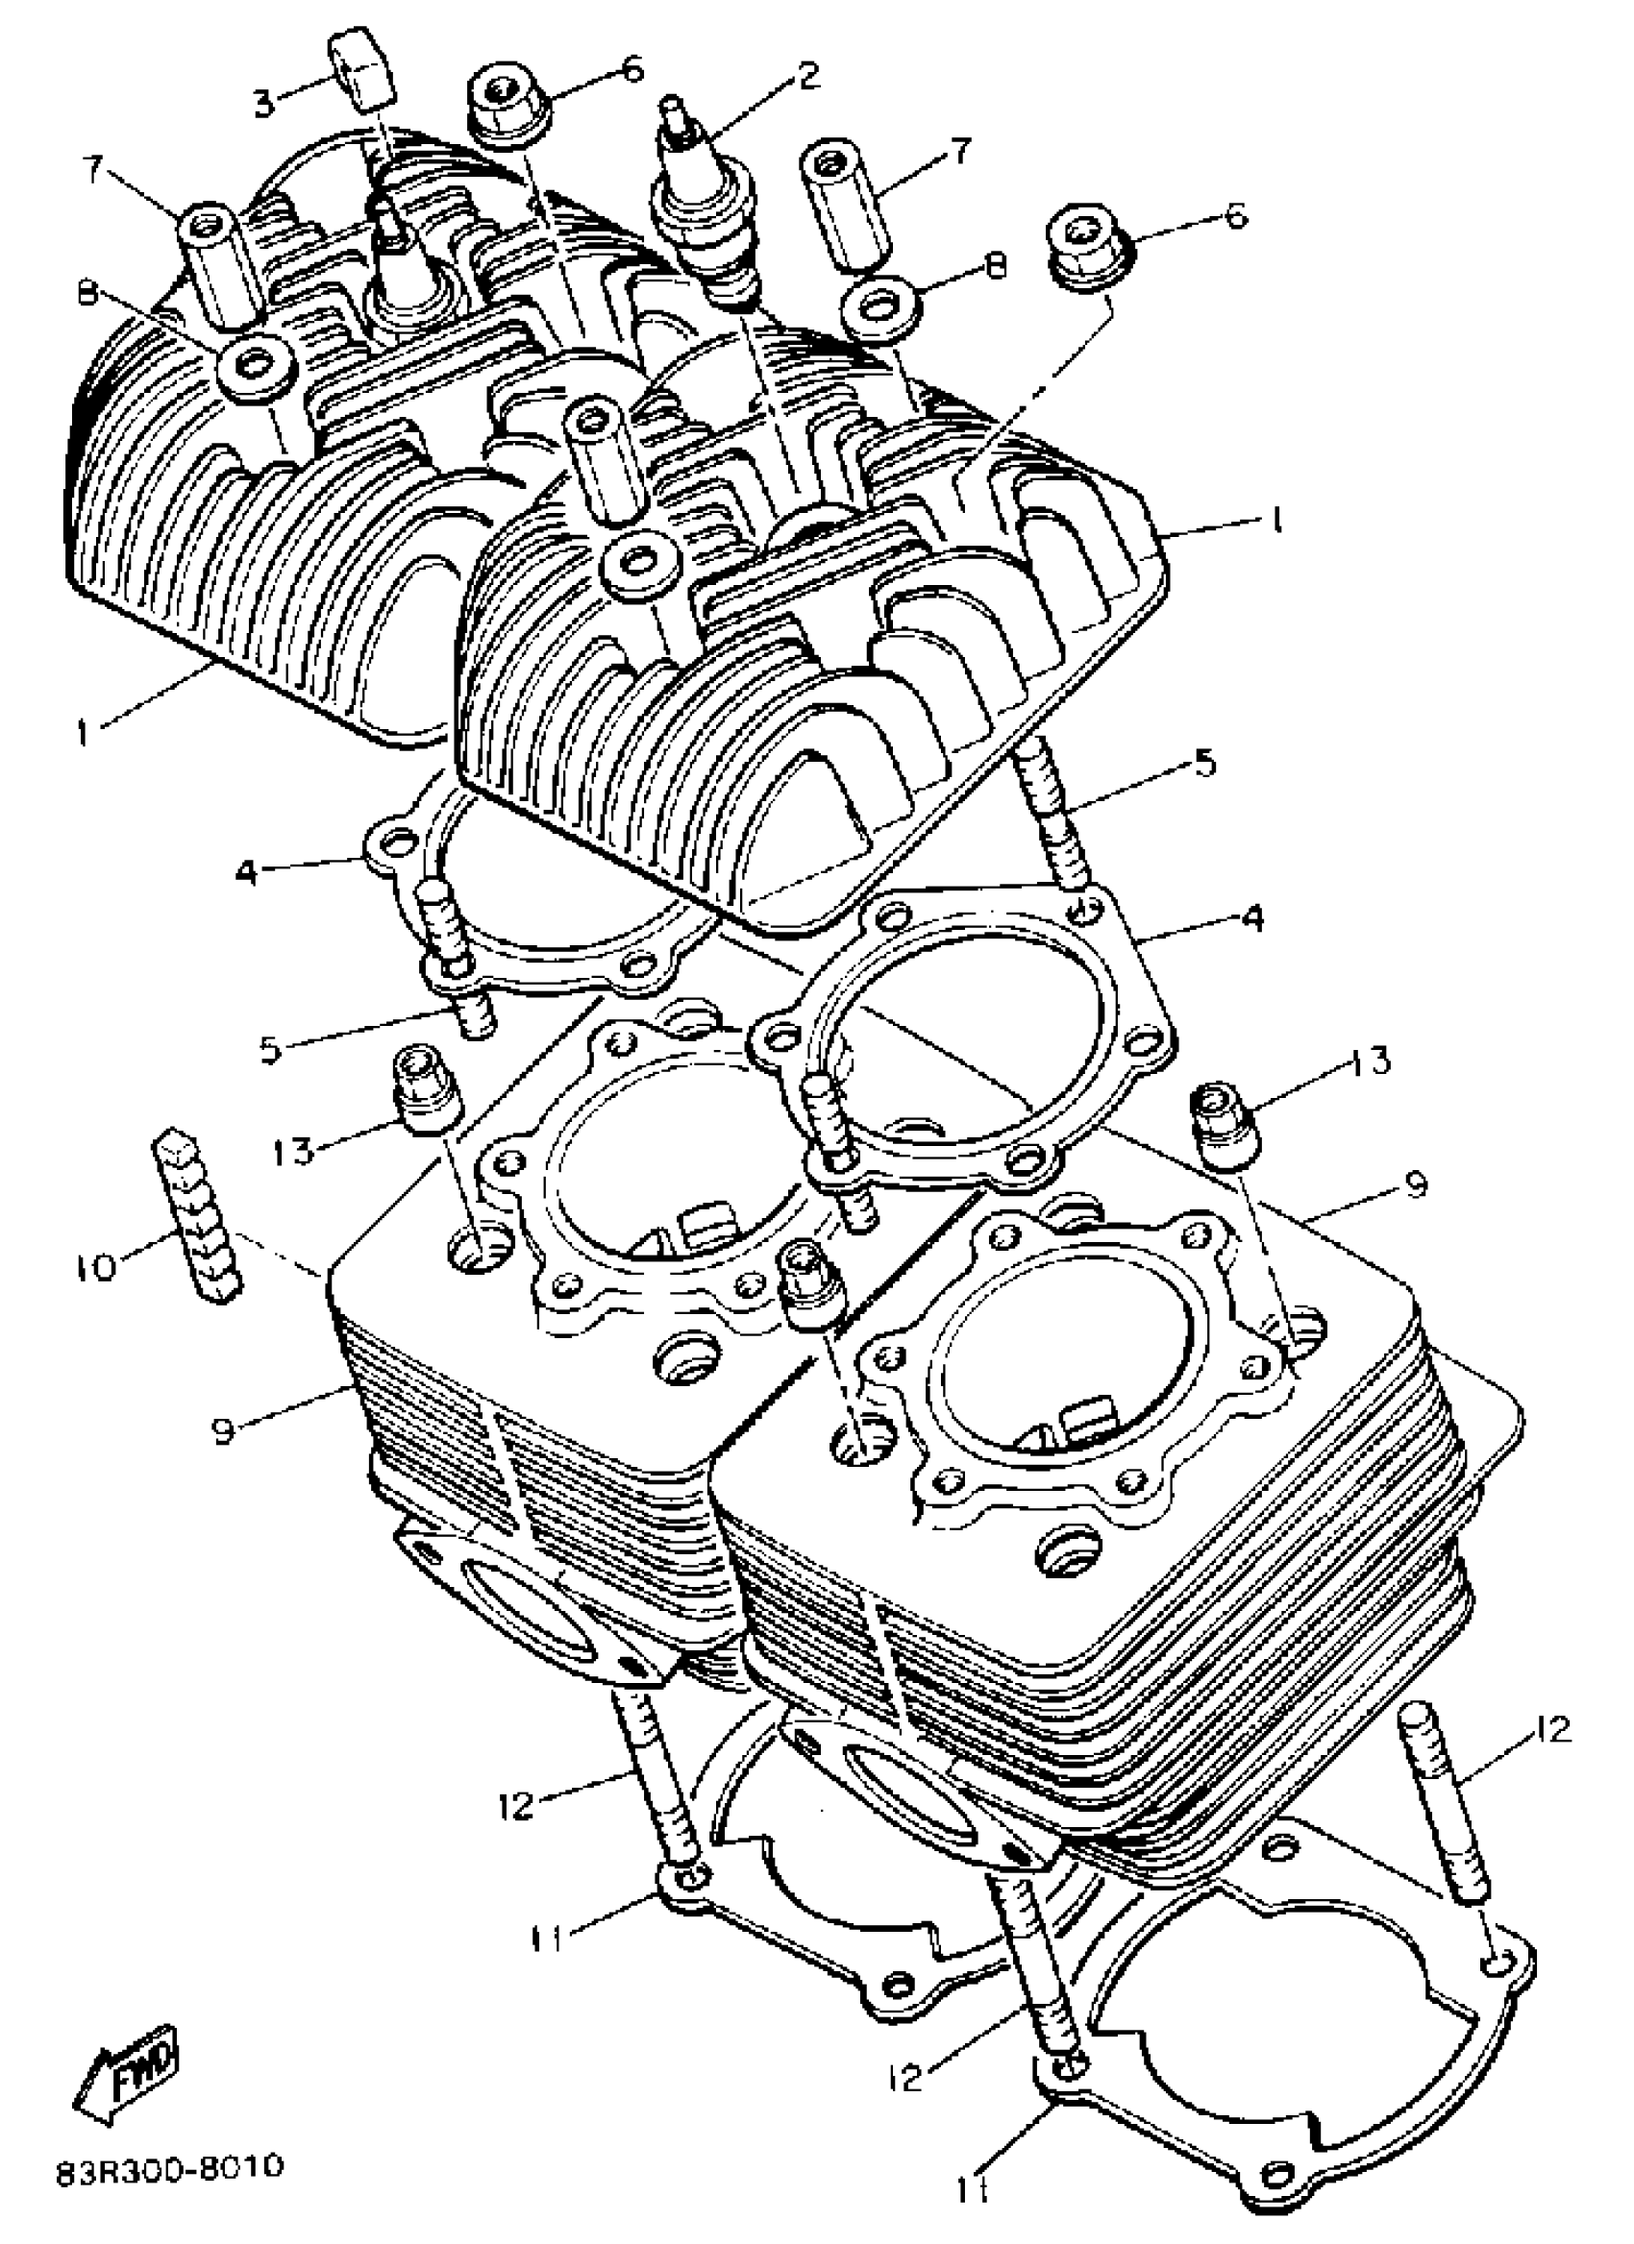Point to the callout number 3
(x=263, y=103)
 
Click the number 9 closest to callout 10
(x=225, y=1431)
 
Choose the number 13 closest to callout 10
(x=295, y=1151)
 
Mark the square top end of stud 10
(x=170, y=1148)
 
